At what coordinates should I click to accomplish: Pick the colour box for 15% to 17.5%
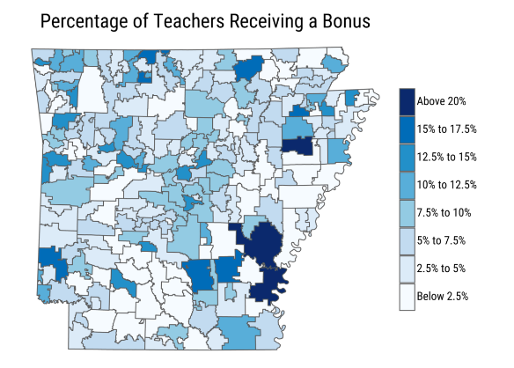pyautogui.click(x=406, y=129)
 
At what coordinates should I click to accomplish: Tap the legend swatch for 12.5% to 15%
pyautogui.click(x=406, y=158)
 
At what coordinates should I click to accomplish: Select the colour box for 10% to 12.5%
pyautogui.click(x=406, y=185)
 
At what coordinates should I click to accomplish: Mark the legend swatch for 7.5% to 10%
pyautogui.click(x=406, y=213)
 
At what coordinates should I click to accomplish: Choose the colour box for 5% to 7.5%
pyautogui.click(x=406, y=240)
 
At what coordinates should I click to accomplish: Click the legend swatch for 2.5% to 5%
pyautogui.click(x=406, y=269)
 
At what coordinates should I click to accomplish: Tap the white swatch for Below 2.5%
pyautogui.click(x=406, y=296)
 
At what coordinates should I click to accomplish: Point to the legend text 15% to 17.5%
pyautogui.click(x=447, y=129)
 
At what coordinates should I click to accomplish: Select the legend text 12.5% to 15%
pyautogui.click(x=447, y=158)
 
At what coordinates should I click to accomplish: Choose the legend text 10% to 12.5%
pyautogui.click(x=447, y=185)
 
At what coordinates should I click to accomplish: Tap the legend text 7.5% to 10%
pyautogui.click(x=444, y=213)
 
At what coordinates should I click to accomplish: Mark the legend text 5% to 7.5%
pyautogui.click(x=442, y=240)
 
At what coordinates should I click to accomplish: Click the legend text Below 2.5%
pyautogui.click(x=443, y=296)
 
